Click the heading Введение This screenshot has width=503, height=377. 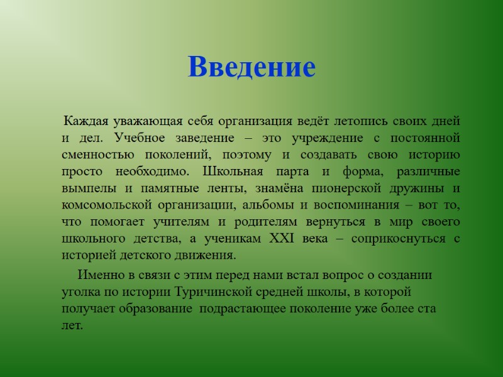(x=251, y=68)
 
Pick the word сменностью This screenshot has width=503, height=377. (x=94, y=155)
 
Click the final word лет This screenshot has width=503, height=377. (x=72, y=325)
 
